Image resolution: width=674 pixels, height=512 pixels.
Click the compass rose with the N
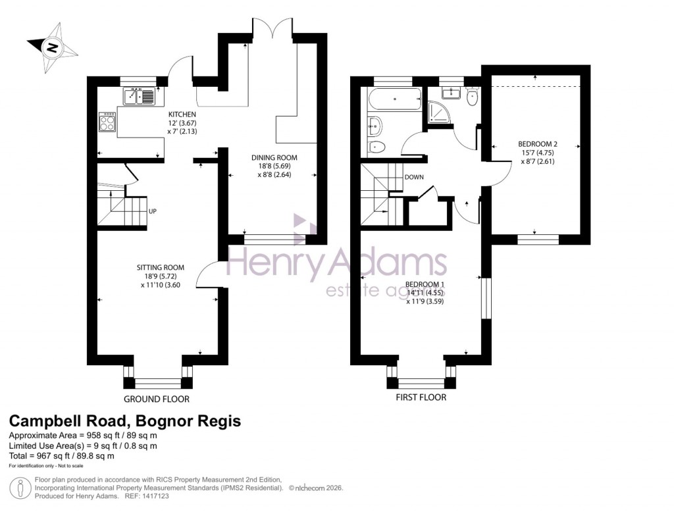tap(51, 47)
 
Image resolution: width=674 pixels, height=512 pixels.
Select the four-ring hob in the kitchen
tap(107, 122)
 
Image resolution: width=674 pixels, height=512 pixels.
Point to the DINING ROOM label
tap(274, 158)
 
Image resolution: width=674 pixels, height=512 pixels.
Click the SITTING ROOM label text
tap(160, 267)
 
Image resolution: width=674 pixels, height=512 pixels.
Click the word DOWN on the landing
tap(414, 177)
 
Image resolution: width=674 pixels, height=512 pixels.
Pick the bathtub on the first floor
tap(394, 101)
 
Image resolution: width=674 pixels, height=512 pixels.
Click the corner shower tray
tap(437, 112)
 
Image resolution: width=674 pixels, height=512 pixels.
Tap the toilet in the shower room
tap(472, 98)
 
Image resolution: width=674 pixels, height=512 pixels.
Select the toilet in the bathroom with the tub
tap(376, 146)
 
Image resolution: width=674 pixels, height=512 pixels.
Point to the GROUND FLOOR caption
tap(157, 399)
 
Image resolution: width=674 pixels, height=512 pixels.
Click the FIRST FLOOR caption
tap(421, 397)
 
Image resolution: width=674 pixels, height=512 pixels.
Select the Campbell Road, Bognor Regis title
tap(124, 421)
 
